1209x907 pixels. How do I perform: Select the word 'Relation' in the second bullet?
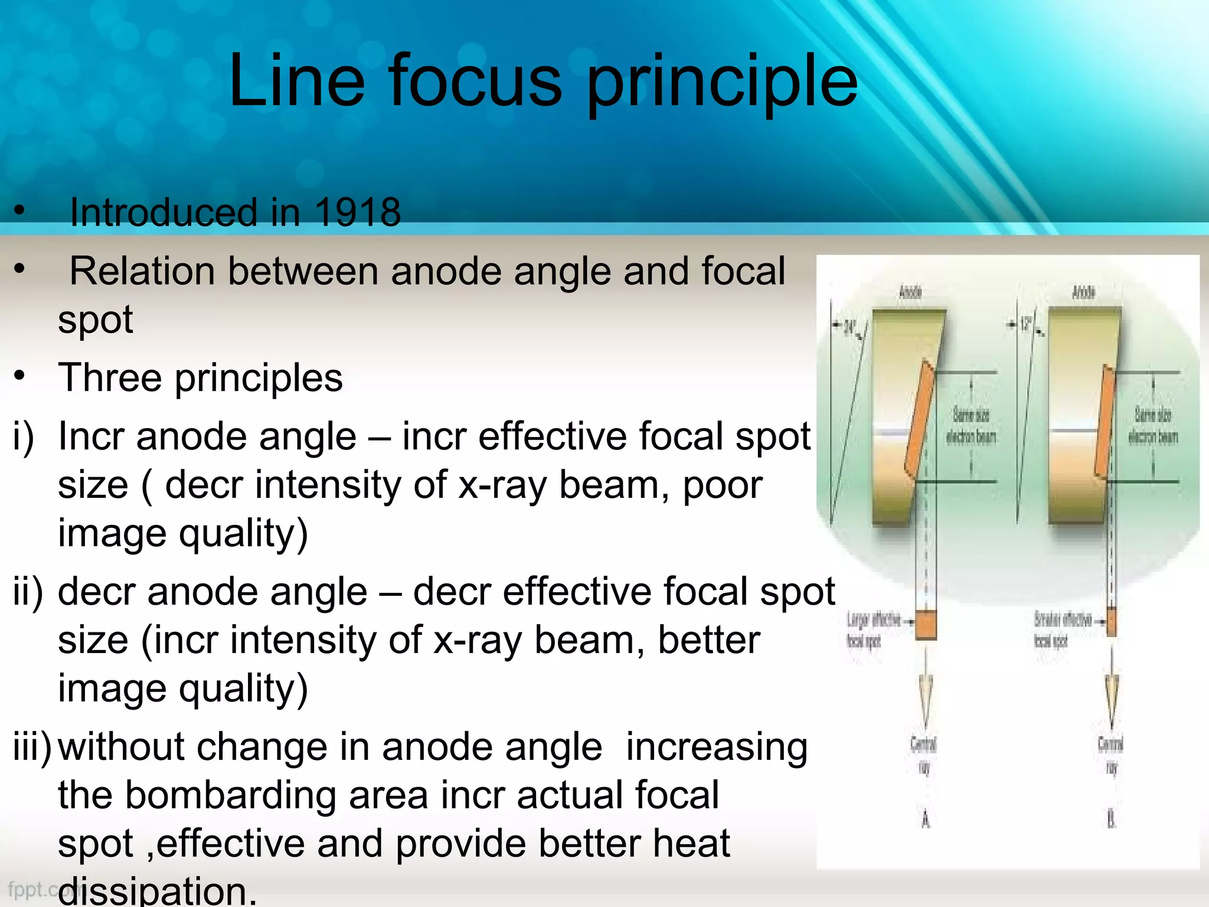pos(142,272)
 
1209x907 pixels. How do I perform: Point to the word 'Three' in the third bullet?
pos(110,378)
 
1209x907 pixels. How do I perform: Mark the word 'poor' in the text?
pos(723,485)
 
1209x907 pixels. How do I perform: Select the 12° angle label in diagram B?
pos(1027,324)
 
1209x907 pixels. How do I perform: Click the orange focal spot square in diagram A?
pos(926,625)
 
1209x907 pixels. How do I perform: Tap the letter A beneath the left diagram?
pos(926,820)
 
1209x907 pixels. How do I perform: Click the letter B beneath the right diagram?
pos(1112,820)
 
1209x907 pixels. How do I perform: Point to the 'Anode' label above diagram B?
pos(1083,292)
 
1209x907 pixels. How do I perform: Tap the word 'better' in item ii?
pos(708,641)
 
